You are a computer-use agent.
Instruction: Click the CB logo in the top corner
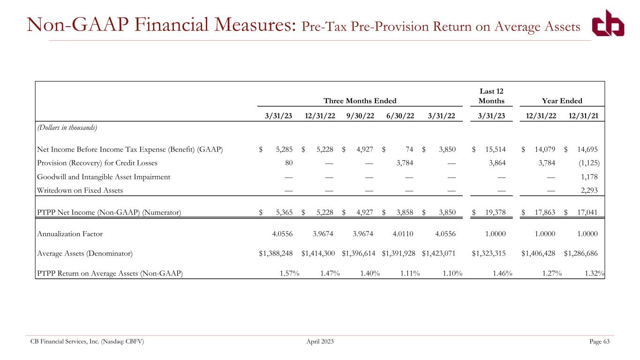tap(608, 23)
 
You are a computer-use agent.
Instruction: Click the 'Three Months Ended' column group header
tap(360, 101)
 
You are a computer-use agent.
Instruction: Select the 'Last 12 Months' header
tap(491, 96)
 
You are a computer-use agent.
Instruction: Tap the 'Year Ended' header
tap(562, 101)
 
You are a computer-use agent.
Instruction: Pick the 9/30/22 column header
tap(360, 116)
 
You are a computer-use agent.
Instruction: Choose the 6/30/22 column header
tap(400, 116)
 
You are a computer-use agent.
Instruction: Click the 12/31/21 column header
tap(583, 116)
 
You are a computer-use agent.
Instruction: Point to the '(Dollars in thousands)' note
tap(67, 127)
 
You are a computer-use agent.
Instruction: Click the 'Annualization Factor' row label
tap(70, 234)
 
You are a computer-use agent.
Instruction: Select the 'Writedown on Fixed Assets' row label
tap(80, 190)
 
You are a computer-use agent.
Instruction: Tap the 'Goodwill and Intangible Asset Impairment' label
tap(104, 177)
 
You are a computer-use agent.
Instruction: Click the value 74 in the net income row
tap(409, 150)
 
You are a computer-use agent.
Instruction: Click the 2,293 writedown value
tap(589, 190)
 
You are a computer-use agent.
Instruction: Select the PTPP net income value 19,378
tap(496, 212)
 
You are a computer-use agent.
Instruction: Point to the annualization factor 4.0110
tap(403, 234)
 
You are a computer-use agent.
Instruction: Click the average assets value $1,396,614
tap(358, 254)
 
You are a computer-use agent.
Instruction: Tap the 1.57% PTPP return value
tap(289, 273)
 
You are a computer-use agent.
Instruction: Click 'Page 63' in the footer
tap(599, 341)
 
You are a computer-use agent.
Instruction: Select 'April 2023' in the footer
tap(320, 341)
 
